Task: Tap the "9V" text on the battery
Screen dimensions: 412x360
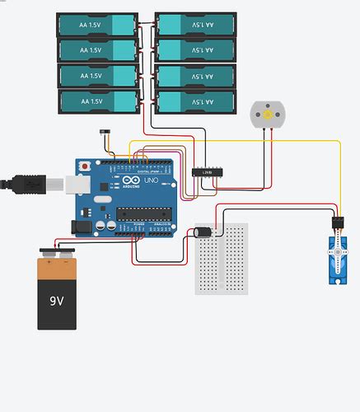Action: tap(56, 302)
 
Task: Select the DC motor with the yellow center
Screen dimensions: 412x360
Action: tap(267, 115)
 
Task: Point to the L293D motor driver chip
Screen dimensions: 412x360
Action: tap(207, 171)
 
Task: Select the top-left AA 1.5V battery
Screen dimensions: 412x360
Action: tap(97, 25)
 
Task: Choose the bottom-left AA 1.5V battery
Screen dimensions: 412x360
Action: tap(97, 101)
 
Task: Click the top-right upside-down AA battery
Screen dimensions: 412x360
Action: tap(194, 25)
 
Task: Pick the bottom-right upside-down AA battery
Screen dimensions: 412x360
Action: tap(194, 101)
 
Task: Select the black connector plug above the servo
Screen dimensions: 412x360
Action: tap(338, 223)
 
